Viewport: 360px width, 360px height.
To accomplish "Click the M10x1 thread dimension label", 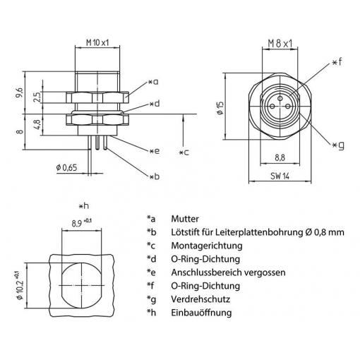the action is (x=97, y=43).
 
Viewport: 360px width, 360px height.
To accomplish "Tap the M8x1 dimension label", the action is (x=280, y=44).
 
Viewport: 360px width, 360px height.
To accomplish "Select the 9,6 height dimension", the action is (x=19, y=92).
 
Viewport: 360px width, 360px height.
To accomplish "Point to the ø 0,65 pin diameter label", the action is (x=66, y=168).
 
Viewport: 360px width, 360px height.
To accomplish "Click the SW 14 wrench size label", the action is (x=280, y=176).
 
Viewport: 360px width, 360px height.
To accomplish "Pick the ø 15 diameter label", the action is (x=220, y=108).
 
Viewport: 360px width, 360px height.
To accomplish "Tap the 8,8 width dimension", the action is (x=280, y=157).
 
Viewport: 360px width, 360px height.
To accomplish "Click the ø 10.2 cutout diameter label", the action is (x=20, y=285).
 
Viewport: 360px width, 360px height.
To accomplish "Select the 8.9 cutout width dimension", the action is (x=82, y=222).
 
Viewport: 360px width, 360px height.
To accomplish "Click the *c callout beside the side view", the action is (x=184, y=152).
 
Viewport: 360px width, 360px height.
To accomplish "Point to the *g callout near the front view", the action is (x=338, y=145).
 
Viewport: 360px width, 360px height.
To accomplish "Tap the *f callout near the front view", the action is (x=337, y=62).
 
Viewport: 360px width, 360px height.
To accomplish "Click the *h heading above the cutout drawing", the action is (x=84, y=206).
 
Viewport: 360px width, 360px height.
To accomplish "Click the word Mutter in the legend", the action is (x=185, y=219).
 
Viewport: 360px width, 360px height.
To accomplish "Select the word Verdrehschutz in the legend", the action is (x=200, y=299).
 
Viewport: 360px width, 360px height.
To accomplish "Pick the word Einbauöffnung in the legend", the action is (x=201, y=313).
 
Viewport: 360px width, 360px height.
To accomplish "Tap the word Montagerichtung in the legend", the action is (x=207, y=246).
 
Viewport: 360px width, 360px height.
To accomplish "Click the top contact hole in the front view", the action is (x=280, y=98).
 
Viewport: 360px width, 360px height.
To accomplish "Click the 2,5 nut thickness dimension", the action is (x=37, y=97).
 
